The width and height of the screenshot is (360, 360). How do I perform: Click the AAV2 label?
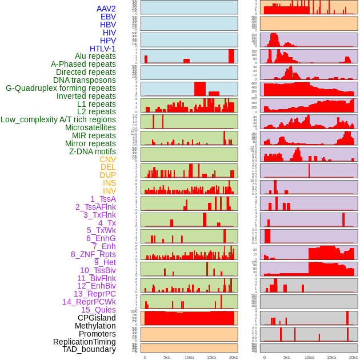click(106, 9)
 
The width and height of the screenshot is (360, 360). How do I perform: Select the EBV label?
click(108, 17)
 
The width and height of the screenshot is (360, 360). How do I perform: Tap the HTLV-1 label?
click(102, 49)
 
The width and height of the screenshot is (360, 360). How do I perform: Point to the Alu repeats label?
click(95, 56)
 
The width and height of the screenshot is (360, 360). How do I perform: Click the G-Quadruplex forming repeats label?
click(61, 88)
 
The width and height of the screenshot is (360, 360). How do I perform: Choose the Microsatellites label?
click(90, 127)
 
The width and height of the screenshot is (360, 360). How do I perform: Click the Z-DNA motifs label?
click(92, 151)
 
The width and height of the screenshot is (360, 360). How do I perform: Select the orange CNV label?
click(107, 159)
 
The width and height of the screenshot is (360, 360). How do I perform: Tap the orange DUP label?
click(107, 175)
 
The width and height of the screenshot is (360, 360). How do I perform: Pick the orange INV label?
click(109, 191)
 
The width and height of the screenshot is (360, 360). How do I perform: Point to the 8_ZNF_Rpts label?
click(93, 254)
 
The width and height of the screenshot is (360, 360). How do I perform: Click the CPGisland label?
click(97, 318)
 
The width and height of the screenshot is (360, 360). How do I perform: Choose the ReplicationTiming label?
click(84, 342)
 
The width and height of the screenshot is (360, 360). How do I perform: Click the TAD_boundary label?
click(89, 349)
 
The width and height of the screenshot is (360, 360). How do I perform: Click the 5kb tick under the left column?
click(167, 357)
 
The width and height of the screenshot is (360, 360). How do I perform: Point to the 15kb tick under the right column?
click(331, 357)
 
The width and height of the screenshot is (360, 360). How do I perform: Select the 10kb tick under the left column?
click(189, 357)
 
